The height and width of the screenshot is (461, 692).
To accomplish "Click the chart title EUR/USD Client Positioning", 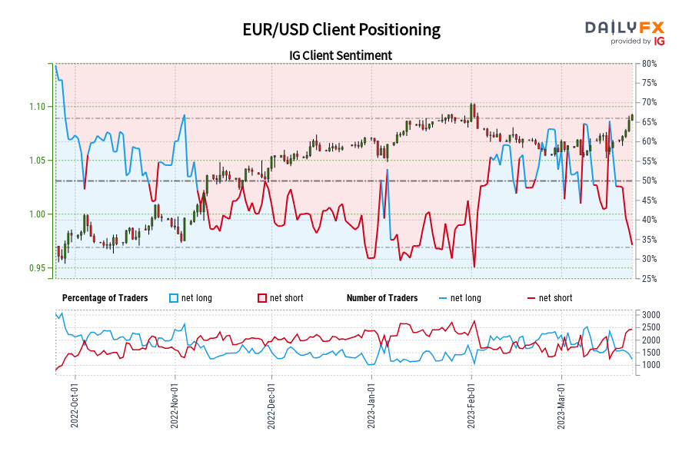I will tap(341, 29).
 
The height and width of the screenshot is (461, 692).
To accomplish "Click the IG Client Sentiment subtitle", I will tap(341, 55).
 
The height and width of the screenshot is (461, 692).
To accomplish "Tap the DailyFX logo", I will tap(625, 32).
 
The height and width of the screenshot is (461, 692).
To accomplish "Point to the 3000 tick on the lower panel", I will tap(650, 315).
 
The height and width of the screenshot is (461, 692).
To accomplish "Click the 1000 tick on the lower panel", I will tap(650, 365).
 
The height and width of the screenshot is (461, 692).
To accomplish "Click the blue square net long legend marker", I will tap(172, 298).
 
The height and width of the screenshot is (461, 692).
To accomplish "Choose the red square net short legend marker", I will tap(261, 298).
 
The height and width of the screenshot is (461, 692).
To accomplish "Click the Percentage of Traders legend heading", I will tap(105, 298).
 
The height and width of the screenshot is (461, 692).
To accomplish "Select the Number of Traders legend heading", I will tap(382, 298).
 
